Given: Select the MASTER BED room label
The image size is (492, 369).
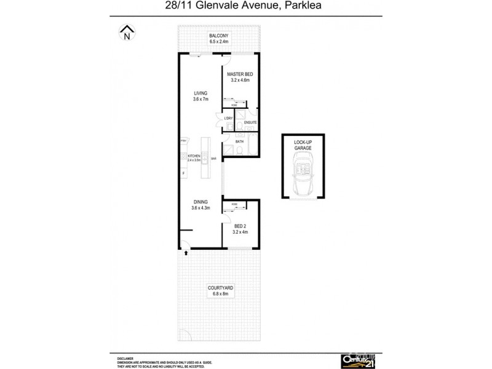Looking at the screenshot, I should [x=240, y=74].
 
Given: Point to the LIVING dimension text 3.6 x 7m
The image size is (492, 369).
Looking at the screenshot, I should [x=200, y=99].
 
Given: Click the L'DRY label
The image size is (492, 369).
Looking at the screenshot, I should [x=228, y=118].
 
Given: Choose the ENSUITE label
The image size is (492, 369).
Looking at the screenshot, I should [x=250, y=123].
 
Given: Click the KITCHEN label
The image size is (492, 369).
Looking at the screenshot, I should [x=194, y=156].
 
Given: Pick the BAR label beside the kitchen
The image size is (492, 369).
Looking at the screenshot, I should [x=213, y=159].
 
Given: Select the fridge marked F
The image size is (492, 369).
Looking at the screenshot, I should [x=183, y=173].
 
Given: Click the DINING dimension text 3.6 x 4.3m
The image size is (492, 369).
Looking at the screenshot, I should [x=200, y=207].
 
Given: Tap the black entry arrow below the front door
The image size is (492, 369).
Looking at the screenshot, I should [x=186, y=252].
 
